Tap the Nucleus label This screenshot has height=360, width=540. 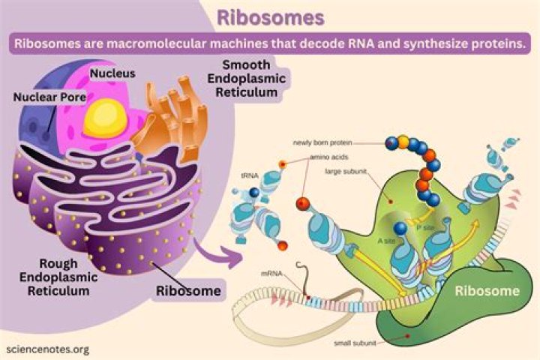(x=112, y=73)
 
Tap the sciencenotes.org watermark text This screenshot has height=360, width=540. (x=46, y=349)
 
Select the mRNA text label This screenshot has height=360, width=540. (x=272, y=273)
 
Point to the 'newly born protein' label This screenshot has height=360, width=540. (x=322, y=141)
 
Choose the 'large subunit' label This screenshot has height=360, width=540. (x=344, y=170)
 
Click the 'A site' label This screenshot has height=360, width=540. (x=385, y=241)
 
